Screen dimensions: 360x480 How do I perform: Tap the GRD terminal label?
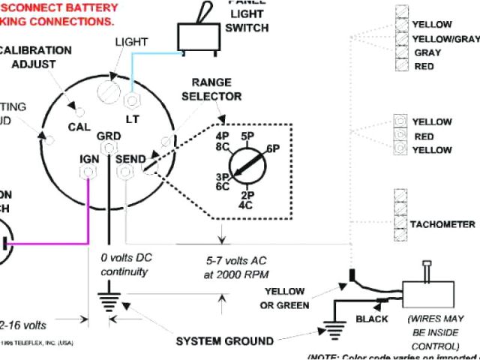[x=108, y=136]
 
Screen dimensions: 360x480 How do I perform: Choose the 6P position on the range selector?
[x=272, y=149]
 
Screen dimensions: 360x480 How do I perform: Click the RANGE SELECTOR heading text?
[x=217, y=89]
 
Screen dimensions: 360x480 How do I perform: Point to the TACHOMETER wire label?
[x=442, y=224]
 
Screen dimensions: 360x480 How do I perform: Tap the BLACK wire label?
[x=371, y=319]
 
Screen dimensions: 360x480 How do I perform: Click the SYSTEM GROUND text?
[x=224, y=341]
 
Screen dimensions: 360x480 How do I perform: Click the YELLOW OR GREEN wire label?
[x=283, y=298]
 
